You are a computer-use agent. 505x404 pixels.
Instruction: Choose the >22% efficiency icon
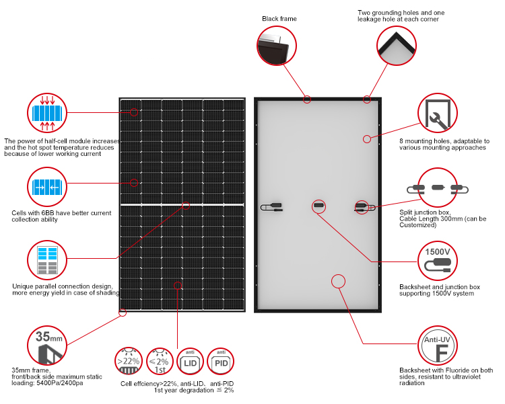pos(129,362)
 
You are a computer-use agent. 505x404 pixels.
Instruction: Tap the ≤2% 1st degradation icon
pos(160,362)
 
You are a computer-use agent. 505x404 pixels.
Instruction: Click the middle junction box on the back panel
pos(319,204)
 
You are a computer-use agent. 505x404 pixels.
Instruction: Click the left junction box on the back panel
pos(275,205)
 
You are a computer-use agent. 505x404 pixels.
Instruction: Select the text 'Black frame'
pos(279,19)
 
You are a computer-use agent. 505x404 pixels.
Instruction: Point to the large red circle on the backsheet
pos(338,280)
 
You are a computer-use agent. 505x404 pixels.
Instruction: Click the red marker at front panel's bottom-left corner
pos(123,312)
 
